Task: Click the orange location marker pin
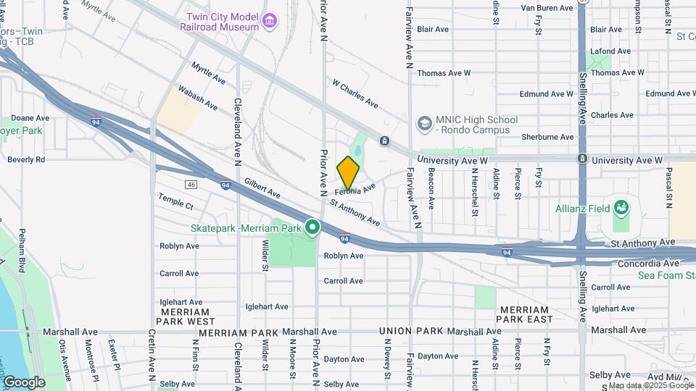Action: (349, 172)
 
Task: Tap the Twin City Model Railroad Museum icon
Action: (270, 20)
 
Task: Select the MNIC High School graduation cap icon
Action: (423, 125)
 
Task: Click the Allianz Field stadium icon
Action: (621, 209)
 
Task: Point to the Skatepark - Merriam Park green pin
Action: (312, 228)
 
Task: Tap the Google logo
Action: (23, 382)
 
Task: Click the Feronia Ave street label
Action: (355, 190)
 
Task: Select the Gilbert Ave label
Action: (262, 189)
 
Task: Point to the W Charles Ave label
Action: (355, 93)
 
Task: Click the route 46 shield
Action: (191, 185)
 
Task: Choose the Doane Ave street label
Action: (30, 118)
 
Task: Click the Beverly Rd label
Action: (26, 159)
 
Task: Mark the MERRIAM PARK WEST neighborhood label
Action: (185, 316)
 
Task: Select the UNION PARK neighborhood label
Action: (410, 331)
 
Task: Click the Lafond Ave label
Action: (610, 51)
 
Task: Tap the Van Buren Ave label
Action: (547, 8)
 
